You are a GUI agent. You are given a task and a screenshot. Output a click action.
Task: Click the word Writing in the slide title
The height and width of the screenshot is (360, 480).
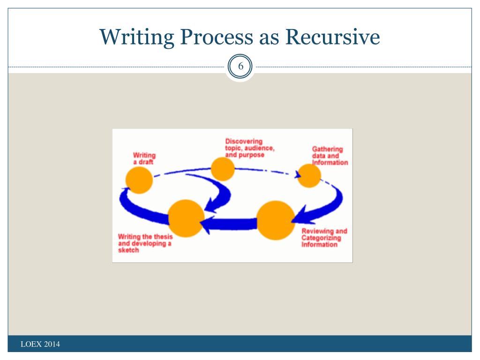coord(133,37)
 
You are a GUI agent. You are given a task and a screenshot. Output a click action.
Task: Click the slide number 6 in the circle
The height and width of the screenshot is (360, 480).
coord(240,67)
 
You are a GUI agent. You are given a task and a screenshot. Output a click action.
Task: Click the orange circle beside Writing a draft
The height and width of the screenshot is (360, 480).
coord(139,180)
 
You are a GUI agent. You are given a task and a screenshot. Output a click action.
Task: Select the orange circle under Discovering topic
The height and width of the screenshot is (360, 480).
coord(222,169)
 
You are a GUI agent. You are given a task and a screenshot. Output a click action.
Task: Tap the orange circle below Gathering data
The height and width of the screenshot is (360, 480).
coord(309,176)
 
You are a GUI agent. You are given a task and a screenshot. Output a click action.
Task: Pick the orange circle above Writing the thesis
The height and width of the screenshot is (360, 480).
coord(186,218)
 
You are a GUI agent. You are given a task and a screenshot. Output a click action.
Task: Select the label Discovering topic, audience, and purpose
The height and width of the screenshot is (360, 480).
coord(250,148)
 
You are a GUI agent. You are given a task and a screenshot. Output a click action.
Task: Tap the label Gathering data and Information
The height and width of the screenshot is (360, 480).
coord(330,156)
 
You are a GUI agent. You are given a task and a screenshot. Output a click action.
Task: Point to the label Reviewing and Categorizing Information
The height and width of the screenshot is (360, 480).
coord(324,238)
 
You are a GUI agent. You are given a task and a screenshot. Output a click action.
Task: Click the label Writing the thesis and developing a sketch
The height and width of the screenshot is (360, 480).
coord(145,243)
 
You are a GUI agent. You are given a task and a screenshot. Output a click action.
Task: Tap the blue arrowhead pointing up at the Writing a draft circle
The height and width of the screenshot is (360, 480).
coord(124,193)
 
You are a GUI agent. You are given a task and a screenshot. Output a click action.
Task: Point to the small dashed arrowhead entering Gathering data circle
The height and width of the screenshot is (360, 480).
coord(297,175)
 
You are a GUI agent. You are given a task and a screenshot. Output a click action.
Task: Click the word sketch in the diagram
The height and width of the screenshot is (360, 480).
coord(128,250)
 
